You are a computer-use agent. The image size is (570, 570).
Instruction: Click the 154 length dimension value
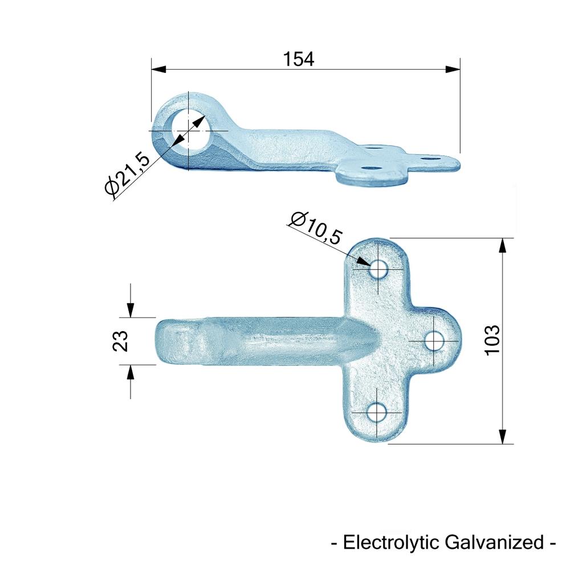298,59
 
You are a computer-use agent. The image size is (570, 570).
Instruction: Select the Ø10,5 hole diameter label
316,228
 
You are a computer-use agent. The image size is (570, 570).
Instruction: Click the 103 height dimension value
492,340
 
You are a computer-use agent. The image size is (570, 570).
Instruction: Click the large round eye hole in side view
188,131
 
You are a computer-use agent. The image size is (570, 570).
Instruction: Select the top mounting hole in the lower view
378,270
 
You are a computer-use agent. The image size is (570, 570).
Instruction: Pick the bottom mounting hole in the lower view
377,413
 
